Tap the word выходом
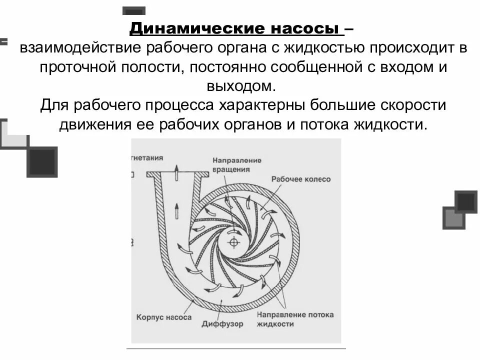coord(241,86)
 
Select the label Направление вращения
coord(237,164)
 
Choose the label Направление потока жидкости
coord(295,319)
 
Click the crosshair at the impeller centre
coord(233,242)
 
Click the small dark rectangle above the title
coord(133,10)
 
